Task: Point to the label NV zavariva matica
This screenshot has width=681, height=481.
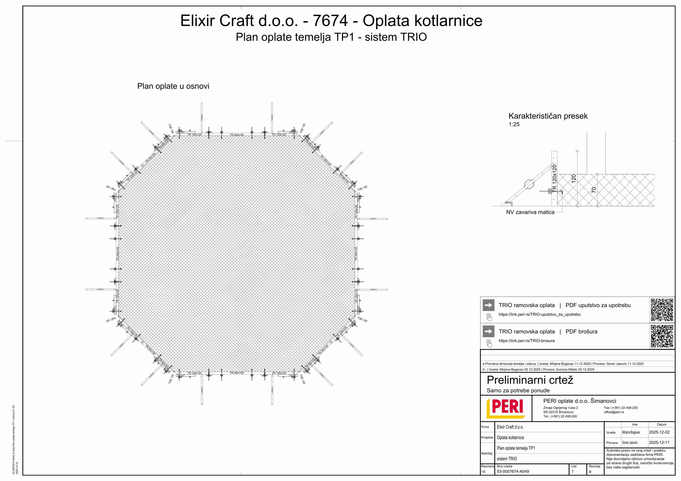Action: tap(530, 212)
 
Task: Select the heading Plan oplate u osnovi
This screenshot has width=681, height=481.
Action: tap(173, 86)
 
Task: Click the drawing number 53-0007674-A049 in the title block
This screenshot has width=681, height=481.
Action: tap(513, 471)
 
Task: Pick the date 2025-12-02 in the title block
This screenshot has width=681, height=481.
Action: tap(659, 432)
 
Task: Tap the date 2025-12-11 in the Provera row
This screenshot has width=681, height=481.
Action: tap(659, 442)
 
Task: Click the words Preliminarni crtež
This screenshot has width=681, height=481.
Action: tap(530, 380)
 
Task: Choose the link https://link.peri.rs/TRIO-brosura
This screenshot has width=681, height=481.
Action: tap(526, 341)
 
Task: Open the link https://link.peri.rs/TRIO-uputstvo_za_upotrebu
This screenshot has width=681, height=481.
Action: tap(539, 314)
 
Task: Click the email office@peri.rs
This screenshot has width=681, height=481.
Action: tap(614, 412)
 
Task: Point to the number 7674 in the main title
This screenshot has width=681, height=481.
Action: tap(330, 21)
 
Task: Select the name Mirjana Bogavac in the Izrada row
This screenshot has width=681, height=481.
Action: tap(631, 432)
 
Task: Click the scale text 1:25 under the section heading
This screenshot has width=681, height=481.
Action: tap(514, 124)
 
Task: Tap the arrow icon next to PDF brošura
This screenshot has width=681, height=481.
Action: tap(488, 332)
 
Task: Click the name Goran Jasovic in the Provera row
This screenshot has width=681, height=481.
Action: tap(630, 442)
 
